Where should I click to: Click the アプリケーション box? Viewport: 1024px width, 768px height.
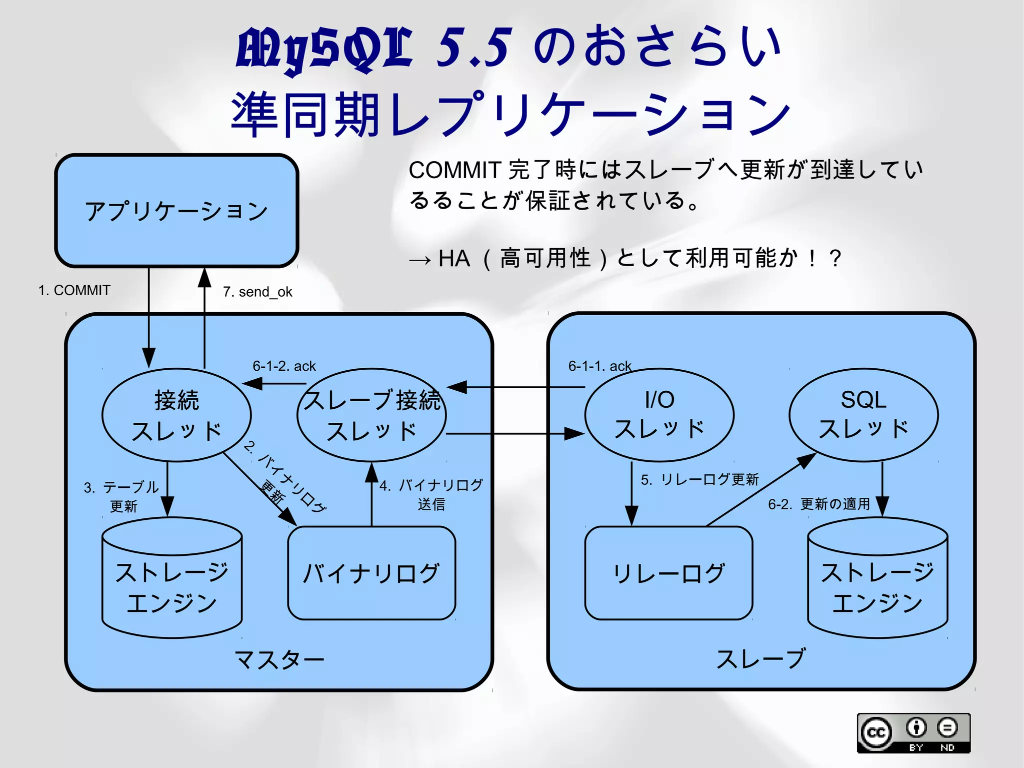tap(176, 211)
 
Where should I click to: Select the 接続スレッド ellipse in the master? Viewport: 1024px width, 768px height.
tap(176, 415)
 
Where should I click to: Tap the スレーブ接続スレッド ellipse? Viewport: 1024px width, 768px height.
tap(371, 415)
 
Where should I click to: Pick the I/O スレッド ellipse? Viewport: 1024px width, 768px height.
tap(659, 414)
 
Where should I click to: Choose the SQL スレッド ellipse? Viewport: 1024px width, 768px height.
tap(863, 414)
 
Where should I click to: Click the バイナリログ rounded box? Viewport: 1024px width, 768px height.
tap(371, 573)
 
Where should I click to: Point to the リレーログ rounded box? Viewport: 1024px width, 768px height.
tap(668, 573)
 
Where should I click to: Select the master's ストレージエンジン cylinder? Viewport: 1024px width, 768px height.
tap(172, 580)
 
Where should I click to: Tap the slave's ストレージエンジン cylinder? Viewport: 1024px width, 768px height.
tap(877, 580)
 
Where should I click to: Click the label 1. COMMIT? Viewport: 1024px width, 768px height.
tap(74, 290)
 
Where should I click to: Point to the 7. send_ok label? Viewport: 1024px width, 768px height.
tap(257, 292)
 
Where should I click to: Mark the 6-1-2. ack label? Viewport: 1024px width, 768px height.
tap(284, 366)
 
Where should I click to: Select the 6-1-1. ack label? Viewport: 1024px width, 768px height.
tap(599, 366)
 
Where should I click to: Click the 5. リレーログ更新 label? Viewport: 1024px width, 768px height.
tap(699, 479)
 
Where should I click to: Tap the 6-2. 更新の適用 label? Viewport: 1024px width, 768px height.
tap(819, 504)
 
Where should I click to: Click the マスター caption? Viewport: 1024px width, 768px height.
tap(279, 659)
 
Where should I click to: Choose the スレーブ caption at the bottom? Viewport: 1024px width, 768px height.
tap(761, 658)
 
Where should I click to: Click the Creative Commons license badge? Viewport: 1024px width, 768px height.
tap(913, 733)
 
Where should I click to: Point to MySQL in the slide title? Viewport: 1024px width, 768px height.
tap(324, 49)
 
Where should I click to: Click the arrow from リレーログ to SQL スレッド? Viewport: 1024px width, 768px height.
tap(760, 490)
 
